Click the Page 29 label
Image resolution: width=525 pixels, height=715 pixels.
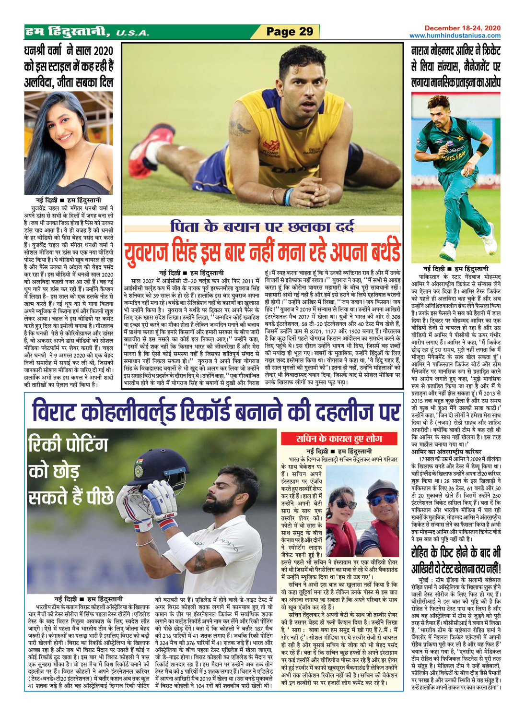tap(290, 32)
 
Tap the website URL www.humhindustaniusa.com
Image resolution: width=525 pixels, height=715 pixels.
tap(455, 36)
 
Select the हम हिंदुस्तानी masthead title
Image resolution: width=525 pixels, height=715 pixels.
tap(67, 32)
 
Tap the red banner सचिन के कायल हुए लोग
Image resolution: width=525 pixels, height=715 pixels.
tap(339, 438)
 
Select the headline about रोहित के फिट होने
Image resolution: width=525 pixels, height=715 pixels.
tap(455, 560)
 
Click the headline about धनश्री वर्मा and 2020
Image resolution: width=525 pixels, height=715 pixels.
tap(68, 66)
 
